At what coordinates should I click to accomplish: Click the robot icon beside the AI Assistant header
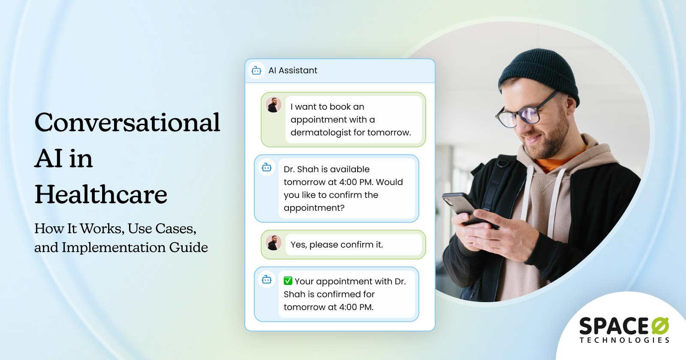click(x=256, y=70)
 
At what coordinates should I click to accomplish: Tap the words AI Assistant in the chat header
click(x=293, y=70)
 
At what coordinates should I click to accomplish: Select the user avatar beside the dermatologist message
click(x=273, y=105)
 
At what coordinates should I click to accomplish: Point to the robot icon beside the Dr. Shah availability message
click(x=267, y=168)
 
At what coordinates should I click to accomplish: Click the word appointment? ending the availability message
click(x=314, y=208)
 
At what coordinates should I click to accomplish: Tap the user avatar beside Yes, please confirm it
click(x=273, y=243)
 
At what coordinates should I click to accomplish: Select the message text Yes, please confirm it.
click(x=337, y=245)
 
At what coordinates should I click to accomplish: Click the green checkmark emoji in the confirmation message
click(x=288, y=281)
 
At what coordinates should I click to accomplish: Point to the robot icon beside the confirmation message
click(x=267, y=280)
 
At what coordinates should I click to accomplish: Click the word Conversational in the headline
click(x=127, y=123)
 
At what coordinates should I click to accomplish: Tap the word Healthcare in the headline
click(x=101, y=195)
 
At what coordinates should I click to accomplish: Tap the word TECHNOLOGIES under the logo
click(x=624, y=340)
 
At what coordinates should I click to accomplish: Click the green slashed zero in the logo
click(x=660, y=327)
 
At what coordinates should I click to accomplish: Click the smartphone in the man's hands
click(x=461, y=206)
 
